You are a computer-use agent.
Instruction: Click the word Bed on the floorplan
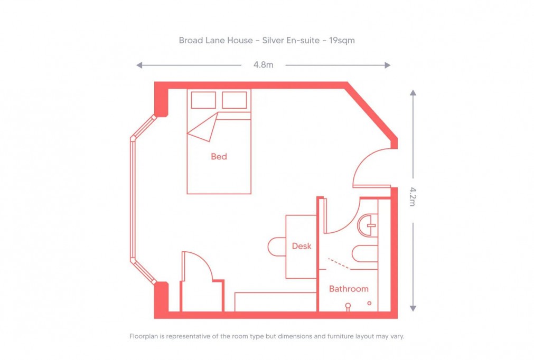point(219,157)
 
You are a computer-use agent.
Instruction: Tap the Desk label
point(302,246)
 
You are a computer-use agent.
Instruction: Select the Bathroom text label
point(349,289)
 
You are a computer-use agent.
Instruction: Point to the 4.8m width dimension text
point(263,65)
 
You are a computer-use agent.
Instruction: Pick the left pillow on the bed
point(203,100)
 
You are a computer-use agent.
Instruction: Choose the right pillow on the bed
point(235,100)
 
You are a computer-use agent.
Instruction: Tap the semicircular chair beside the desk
point(277,247)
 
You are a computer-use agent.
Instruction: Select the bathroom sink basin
point(369,225)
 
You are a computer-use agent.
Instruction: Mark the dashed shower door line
point(339,263)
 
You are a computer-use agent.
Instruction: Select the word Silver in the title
point(271,40)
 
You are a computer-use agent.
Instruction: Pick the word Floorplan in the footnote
point(145,336)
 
